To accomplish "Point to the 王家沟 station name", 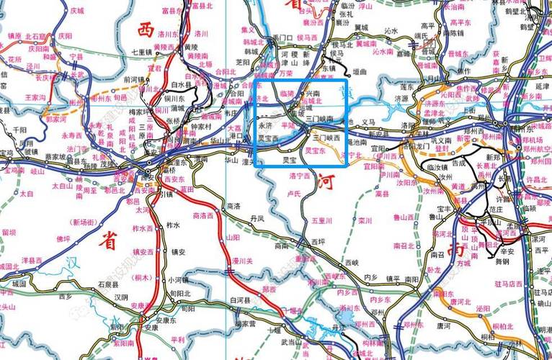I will point(35,96).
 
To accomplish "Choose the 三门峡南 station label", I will point(319,117).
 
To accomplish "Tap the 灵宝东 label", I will point(316,152).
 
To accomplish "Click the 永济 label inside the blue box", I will point(267,125).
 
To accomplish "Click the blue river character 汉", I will point(71,264).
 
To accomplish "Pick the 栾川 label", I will point(365,221).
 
